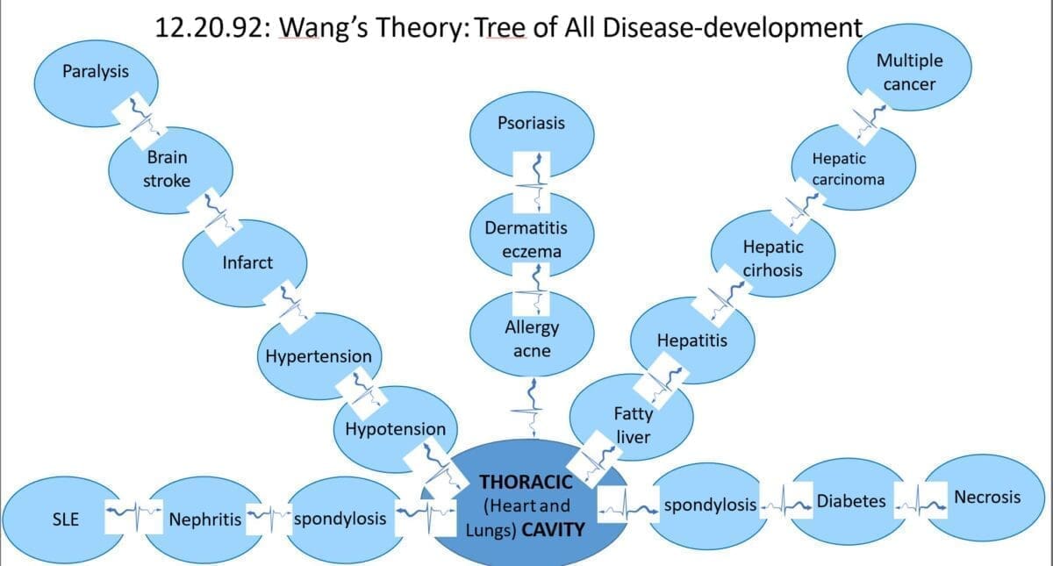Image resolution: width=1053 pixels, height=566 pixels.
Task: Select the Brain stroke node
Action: click(x=168, y=168)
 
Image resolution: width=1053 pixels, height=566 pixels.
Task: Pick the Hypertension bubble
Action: click(x=319, y=356)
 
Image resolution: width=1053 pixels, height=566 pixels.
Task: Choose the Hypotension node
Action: click(x=395, y=430)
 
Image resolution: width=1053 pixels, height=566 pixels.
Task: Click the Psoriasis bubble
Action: click(x=531, y=124)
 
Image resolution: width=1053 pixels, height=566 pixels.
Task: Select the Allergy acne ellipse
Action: click(x=531, y=339)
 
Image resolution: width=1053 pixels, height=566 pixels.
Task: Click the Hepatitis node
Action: click(x=691, y=340)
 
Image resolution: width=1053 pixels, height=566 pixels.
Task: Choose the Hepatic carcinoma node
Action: click(x=849, y=168)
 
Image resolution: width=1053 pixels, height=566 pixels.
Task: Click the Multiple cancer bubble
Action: click(x=910, y=72)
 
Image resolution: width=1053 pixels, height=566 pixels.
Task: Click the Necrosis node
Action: click(x=987, y=498)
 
